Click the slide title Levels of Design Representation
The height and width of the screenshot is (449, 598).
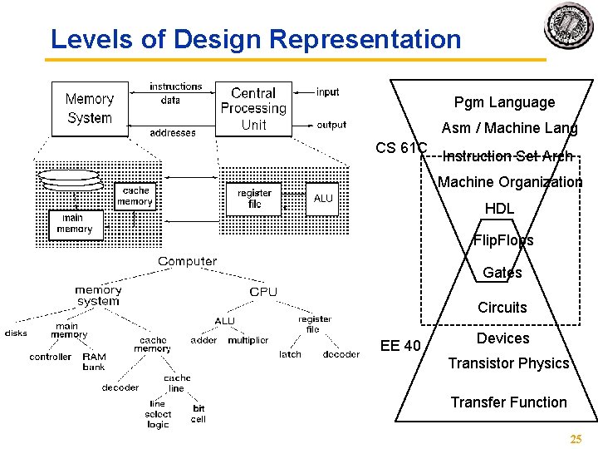click(x=255, y=39)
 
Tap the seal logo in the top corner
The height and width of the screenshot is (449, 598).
click(x=569, y=24)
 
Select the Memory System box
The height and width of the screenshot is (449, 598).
click(x=90, y=109)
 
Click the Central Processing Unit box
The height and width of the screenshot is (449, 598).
click(x=253, y=109)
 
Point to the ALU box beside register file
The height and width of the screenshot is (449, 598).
click(x=323, y=199)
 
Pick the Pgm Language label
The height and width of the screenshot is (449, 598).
click(x=504, y=102)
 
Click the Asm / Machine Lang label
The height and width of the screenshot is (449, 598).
click(x=509, y=128)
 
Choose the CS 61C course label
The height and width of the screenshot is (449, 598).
click(x=401, y=148)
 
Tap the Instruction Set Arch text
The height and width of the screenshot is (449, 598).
click(x=508, y=155)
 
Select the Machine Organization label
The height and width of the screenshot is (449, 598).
click(x=510, y=182)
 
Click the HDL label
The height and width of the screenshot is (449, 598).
click(x=499, y=209)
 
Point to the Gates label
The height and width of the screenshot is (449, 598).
click(x=502, y=273)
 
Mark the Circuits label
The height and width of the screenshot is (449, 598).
click(x=502, y=308)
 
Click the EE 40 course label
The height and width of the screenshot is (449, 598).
click(x=401, y=346)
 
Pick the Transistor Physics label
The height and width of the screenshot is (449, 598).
click(x=508, y=363)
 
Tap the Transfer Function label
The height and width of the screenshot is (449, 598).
click(x=508, y=402)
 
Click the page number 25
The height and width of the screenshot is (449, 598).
click(x=576, y=439)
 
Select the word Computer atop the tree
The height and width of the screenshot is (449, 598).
click(x=187, y=261)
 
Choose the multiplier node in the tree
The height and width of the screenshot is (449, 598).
click(x=248, y=340)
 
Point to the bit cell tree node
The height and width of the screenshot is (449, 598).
click(x=199, y=414)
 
